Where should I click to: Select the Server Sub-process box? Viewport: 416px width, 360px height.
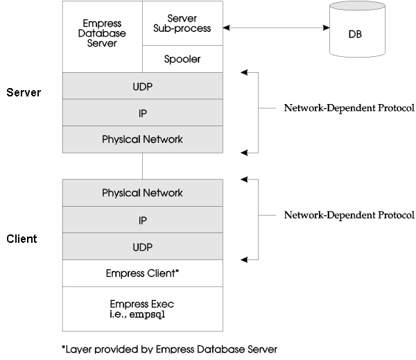(183, 23)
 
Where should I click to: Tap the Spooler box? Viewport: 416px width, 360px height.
(183, 59)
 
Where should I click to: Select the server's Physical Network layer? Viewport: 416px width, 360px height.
(143, 139)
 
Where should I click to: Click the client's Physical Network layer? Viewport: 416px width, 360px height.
(143, 192)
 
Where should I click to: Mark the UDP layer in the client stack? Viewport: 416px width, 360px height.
(143, 246)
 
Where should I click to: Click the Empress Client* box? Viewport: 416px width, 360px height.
(143, 273)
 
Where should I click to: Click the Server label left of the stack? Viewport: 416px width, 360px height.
(21, 92)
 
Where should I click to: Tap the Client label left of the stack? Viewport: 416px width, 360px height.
(21, 239)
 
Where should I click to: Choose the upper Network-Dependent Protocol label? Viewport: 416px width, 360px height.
(349, 108)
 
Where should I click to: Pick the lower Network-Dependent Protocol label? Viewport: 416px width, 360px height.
(349, 215)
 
